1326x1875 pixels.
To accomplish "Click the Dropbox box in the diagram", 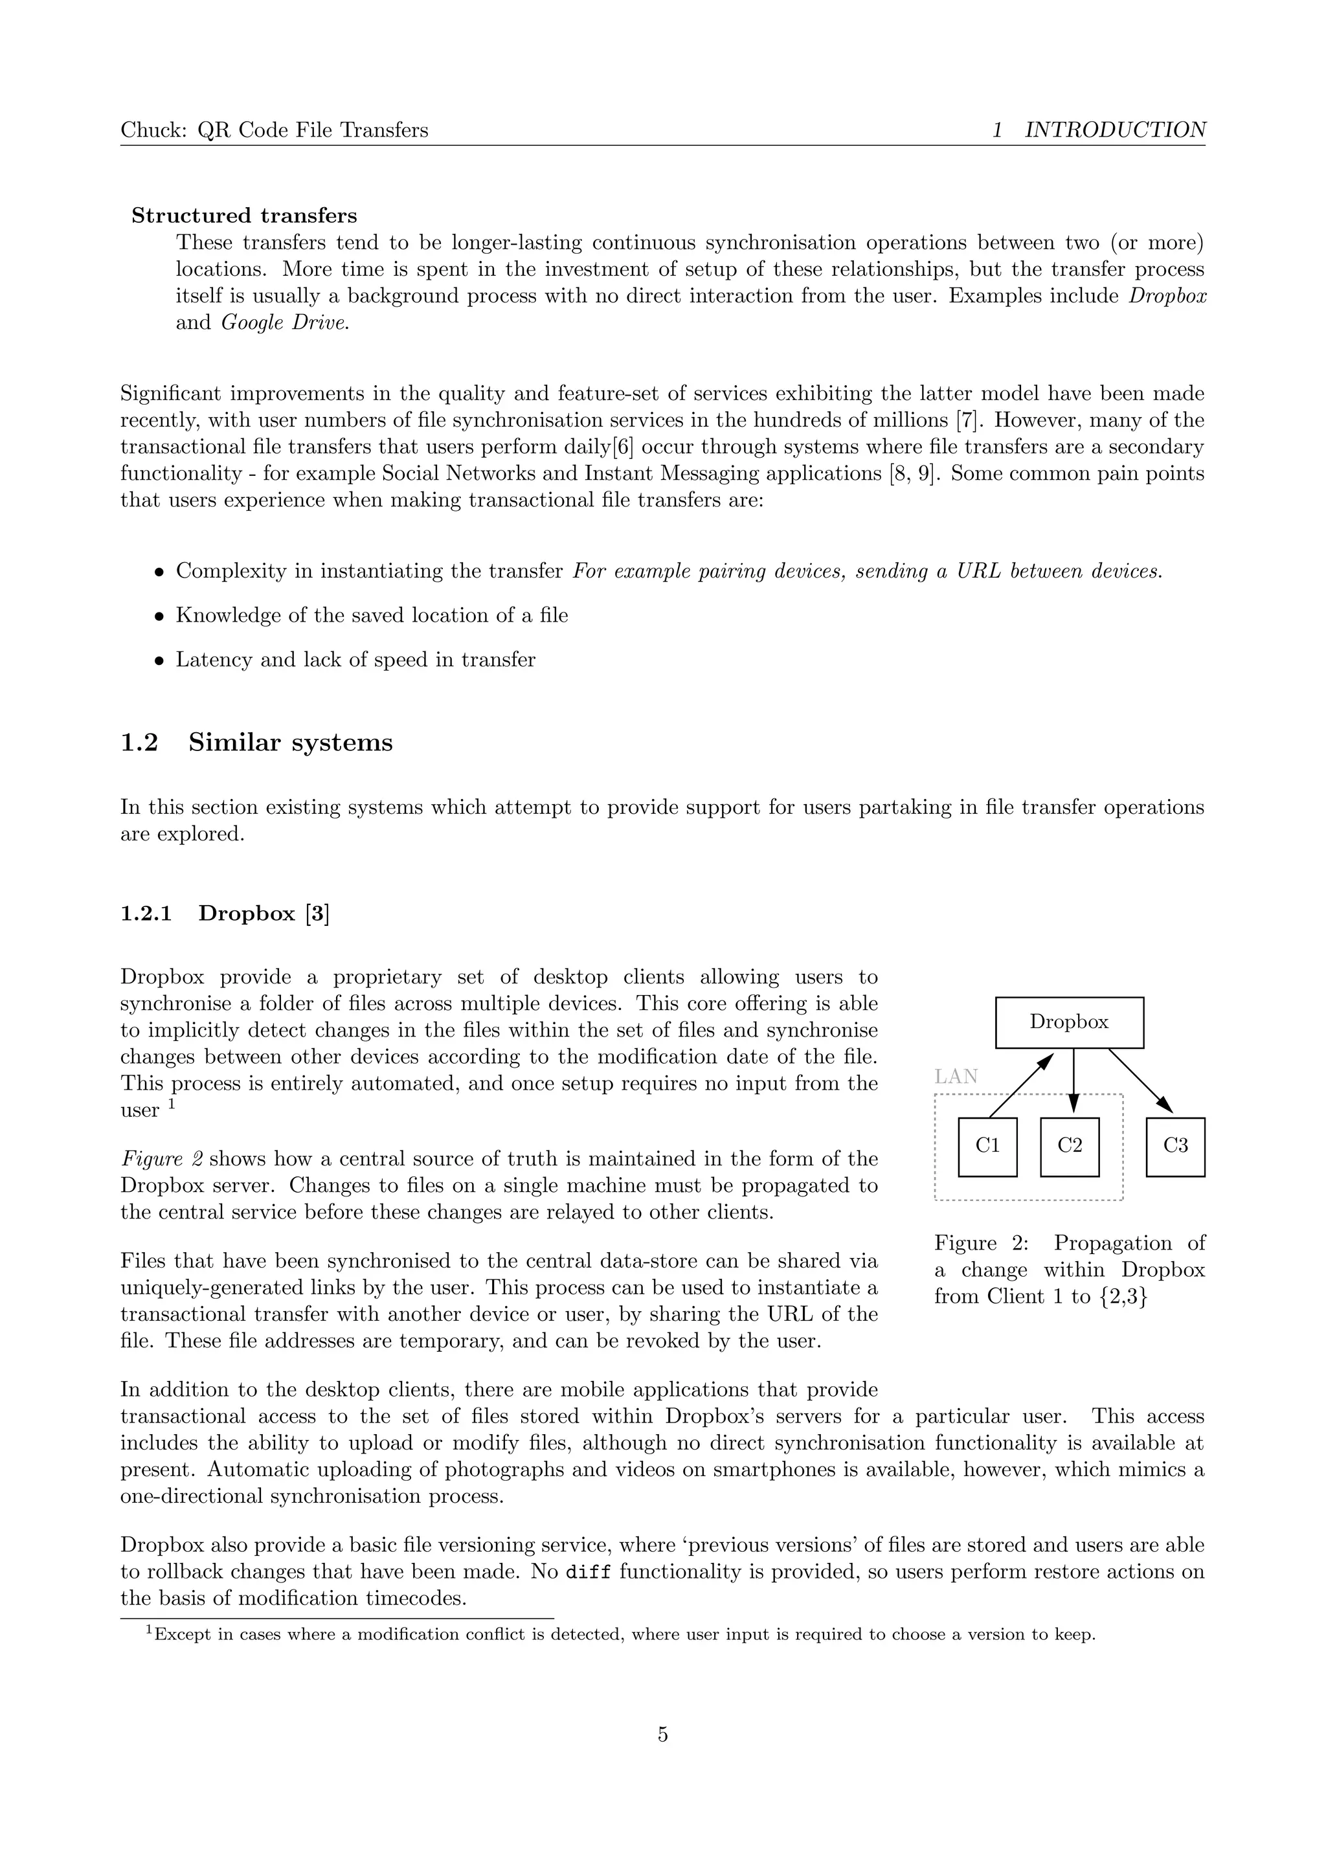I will (1069, 1022).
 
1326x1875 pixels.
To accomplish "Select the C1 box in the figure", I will (987, 1147).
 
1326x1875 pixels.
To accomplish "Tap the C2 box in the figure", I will (1070, 1147).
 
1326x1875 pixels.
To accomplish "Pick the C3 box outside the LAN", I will (1175, 1147).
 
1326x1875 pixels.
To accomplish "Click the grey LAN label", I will (956, 1076).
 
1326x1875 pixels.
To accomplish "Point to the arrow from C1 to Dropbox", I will (1020, 1084).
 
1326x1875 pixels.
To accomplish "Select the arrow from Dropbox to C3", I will (1141, 1081).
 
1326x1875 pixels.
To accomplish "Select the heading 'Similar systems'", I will (290, 743).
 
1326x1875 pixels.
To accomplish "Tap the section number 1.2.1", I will (146, 913).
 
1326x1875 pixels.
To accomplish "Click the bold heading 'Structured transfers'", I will (244, 216).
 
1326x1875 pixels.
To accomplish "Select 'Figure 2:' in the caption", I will (979, 1243).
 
